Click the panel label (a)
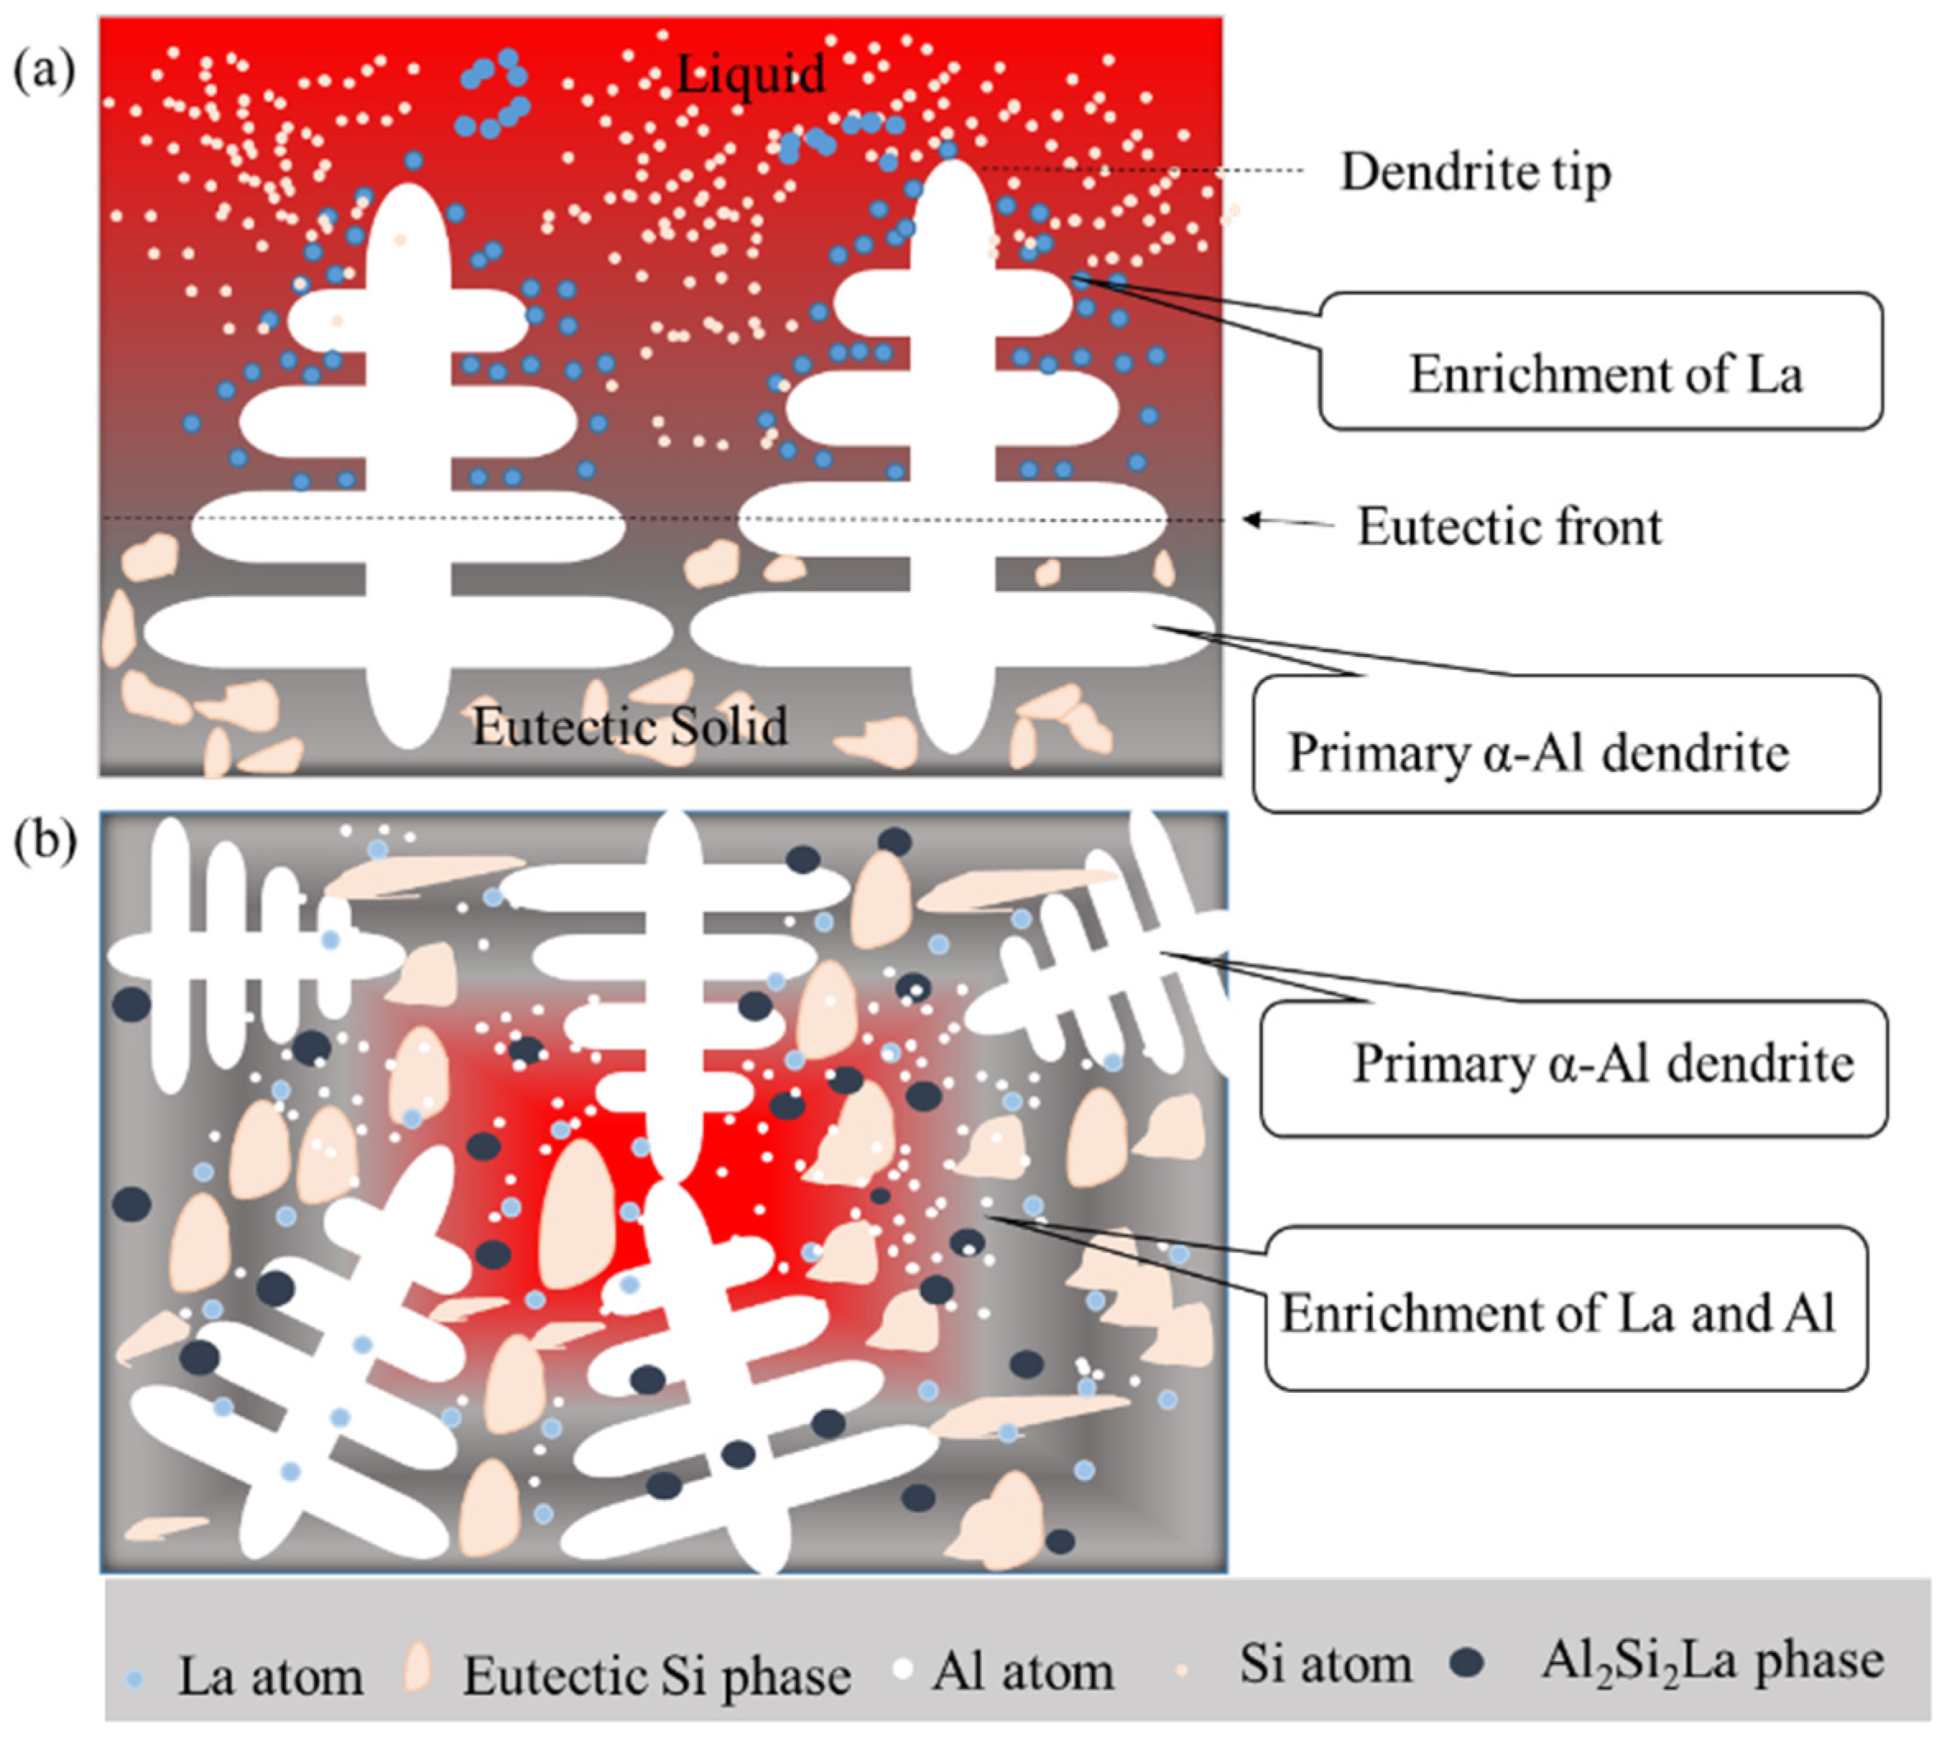(x=44, y=72)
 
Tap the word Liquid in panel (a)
(x=750, y=73)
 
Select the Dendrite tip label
(x=1474, y=173)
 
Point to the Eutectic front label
(x=1509, y=527)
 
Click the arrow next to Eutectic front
(x=1287, y=521)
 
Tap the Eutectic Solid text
(x=629, y=726)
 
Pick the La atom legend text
(x=271, y=1676)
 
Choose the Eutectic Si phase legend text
(x=657, y=1675)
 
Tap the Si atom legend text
(x=1325, y=1663)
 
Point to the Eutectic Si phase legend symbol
(x=418, y=1667)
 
